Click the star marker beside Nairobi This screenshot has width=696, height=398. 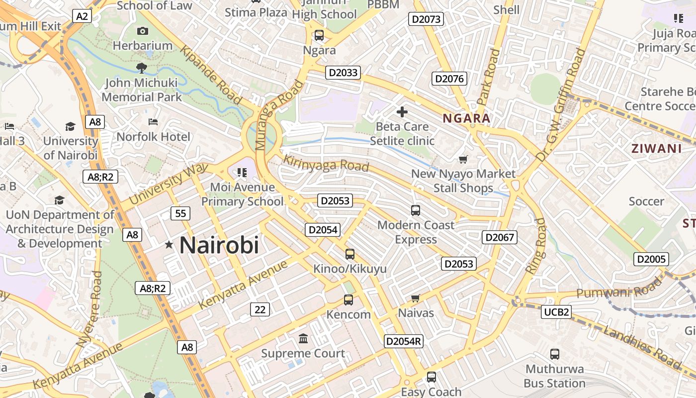(169, 244)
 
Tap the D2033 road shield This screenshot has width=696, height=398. (343, 73)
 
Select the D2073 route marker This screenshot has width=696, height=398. (426, 19)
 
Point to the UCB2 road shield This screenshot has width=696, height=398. (556, 312)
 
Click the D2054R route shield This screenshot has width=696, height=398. (404, 341)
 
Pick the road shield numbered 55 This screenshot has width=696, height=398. (180, 213)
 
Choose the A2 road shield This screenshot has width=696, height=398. (82, 16)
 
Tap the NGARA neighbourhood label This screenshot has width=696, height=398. (466, 118)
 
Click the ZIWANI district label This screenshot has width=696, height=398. (656, 148)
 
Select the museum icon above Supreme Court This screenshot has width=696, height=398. (303, 339)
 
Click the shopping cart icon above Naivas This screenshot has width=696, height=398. (416, 298)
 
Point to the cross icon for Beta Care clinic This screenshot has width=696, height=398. (402, 112)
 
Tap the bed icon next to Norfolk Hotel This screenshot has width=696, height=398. (153, 122)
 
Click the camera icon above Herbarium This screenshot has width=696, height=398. (143, 31)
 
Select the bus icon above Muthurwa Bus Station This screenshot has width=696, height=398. (555, 354)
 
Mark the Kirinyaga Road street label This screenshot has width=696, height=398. (326, 164)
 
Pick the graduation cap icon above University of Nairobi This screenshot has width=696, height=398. (70, 126)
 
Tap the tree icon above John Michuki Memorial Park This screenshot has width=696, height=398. (142, 67)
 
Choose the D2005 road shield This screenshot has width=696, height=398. (651, 259)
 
